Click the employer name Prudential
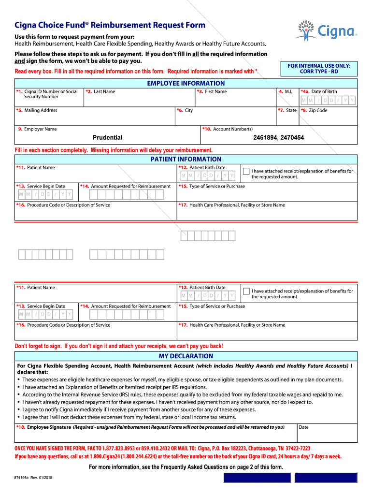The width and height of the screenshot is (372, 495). [107, 138]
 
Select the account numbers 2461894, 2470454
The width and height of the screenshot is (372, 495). [278, 138]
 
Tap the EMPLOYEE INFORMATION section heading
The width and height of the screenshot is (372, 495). [186, 83]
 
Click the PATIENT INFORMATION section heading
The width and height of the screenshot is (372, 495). [186, 159]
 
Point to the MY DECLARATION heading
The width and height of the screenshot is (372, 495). [186, 356]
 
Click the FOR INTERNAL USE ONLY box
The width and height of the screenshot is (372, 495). [319, 69]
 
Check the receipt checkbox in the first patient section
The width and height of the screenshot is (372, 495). [246, 171]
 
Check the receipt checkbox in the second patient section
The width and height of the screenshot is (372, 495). [246, 291]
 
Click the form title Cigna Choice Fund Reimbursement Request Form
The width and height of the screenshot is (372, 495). [110, 25]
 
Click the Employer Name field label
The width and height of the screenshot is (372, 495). [37, 129]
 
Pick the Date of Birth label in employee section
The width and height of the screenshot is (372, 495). [320, 91]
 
